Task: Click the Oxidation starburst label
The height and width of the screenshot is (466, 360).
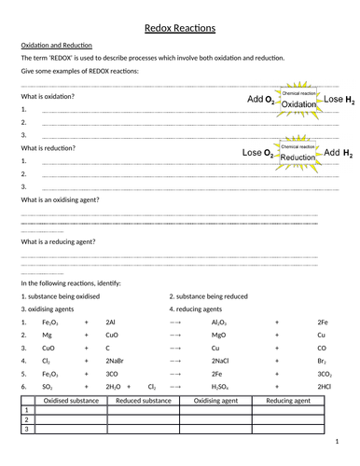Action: pyautogui.click(x=299, y=104)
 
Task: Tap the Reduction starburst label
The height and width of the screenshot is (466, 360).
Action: pyautogui.click(x=298, y=158)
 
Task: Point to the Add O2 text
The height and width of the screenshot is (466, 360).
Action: pyautogui.click(x=261, y=99)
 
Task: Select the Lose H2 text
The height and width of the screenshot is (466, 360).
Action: pyautogui.click(x=339, y=99)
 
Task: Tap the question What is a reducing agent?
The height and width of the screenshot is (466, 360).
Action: pyautogui.click(x=61, y=241)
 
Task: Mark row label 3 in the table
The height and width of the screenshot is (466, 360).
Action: pyautogui.click(x=27, y=431)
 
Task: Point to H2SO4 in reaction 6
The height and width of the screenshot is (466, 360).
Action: pyautogui.click(x=221, y=385)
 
